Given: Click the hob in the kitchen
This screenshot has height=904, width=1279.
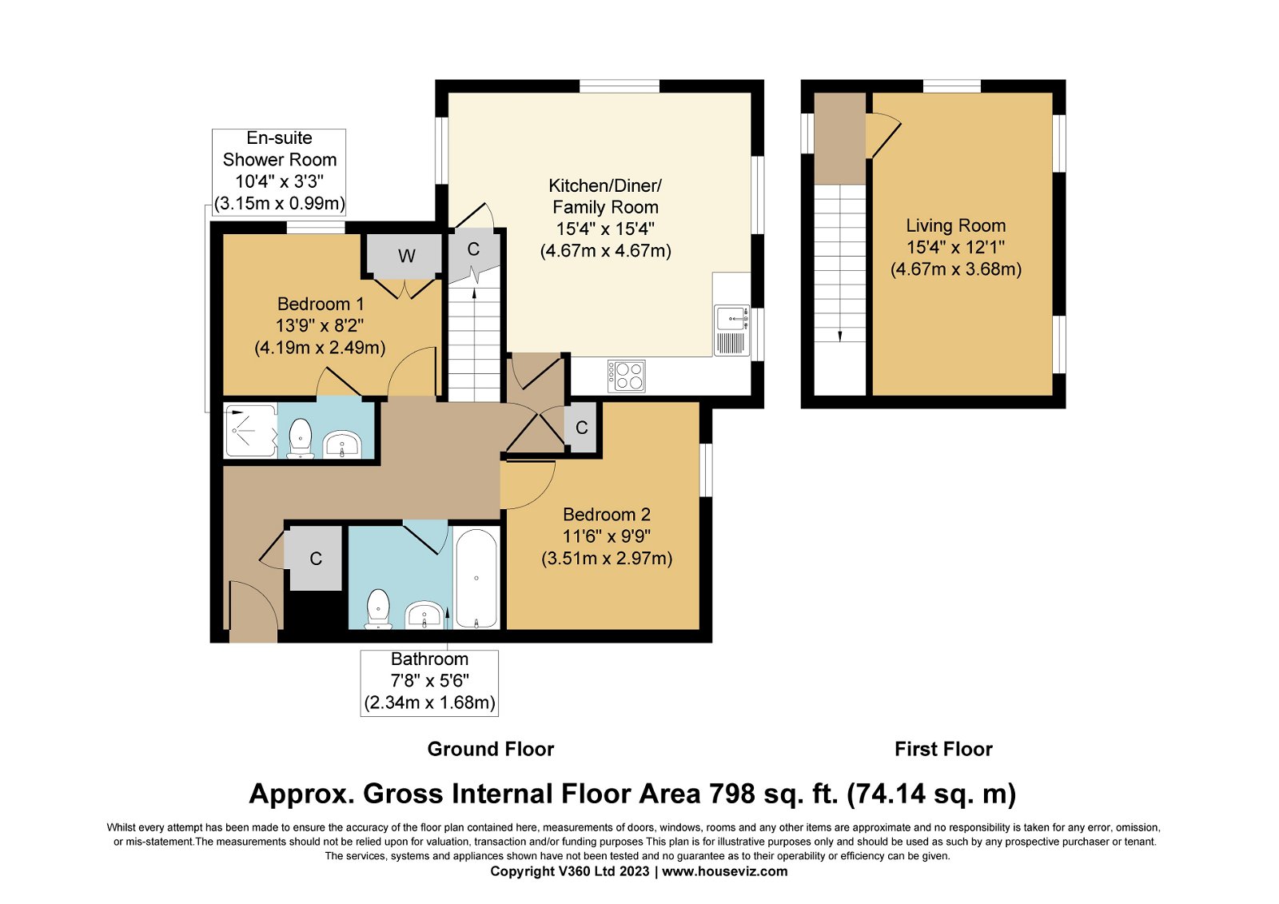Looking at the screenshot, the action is pos(627,376).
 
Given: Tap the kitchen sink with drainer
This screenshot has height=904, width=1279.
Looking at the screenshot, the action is pos(731,330).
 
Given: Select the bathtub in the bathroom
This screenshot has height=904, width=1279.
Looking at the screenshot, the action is pos(476,579).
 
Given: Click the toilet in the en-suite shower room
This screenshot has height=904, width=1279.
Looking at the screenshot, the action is pos(300,439).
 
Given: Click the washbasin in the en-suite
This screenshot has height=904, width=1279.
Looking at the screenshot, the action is pos(342,444).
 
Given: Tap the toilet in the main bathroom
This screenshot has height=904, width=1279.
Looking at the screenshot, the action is pos(378,609).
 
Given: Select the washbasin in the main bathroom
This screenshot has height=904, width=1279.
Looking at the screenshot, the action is pos(424,615).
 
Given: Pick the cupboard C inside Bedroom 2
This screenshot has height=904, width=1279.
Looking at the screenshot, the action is pos(581,427).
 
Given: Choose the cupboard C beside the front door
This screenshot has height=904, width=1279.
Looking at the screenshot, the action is pos(316,558).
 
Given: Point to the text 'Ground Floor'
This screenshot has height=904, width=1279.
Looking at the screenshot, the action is pos(491,749).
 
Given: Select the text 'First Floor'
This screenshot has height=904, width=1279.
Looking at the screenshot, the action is pos(943,749).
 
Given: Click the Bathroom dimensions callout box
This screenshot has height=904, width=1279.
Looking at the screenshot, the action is pos(429,683).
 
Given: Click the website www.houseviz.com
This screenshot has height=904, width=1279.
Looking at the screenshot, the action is pos(724,871).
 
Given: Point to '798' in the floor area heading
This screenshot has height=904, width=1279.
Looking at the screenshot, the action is pos(732,794).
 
